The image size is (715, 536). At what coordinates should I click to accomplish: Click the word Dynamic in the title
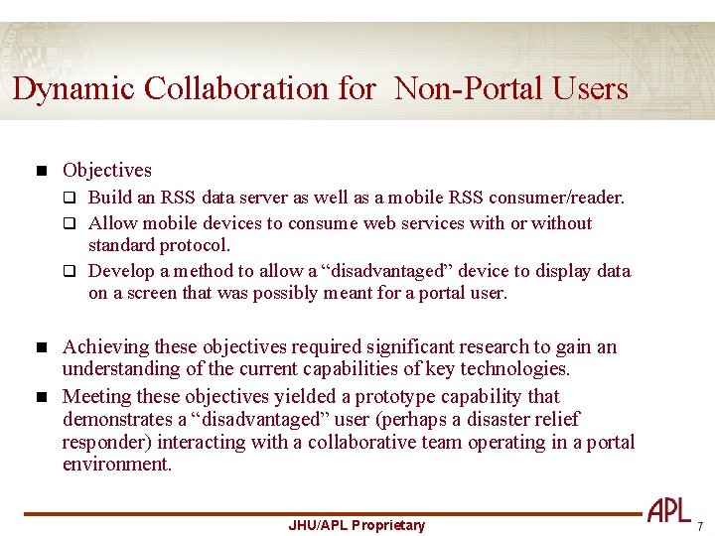74,89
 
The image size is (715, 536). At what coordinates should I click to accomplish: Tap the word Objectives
107,171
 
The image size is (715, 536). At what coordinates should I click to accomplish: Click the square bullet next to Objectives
41,171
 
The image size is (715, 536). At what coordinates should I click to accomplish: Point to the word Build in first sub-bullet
110,198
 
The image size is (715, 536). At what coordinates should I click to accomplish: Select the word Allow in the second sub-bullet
112,223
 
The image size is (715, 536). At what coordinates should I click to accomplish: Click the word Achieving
102,347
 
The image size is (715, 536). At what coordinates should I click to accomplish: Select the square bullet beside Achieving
41,347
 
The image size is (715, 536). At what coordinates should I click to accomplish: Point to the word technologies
516,369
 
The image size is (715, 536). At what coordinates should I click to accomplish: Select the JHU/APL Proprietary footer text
356,525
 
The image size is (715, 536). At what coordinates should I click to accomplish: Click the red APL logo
669,511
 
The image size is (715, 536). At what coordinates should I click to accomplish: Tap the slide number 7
699,526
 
